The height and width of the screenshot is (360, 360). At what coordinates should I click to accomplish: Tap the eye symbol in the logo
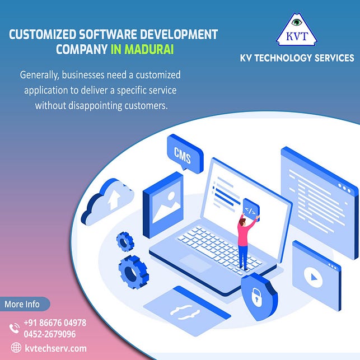[x=296, y=23]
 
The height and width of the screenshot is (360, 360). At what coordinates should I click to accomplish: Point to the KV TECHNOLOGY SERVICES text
[x=296, y=58]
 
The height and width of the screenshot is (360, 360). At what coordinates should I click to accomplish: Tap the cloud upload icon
[x=107, y=200]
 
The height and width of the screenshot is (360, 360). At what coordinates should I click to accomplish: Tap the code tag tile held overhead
[x=249, y=211]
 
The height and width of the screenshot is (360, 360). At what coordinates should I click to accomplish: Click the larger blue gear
[x=132, y=271]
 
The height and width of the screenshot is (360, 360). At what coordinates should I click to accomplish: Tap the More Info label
[x=22, y=304]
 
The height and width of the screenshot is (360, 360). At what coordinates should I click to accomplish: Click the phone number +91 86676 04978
[x=55, y=323]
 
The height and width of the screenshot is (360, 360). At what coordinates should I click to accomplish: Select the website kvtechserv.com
[x=55, y=348]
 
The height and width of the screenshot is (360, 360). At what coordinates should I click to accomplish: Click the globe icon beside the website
[x=15, y=348]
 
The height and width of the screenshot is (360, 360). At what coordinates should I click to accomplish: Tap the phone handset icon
[x=15, y=328]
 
